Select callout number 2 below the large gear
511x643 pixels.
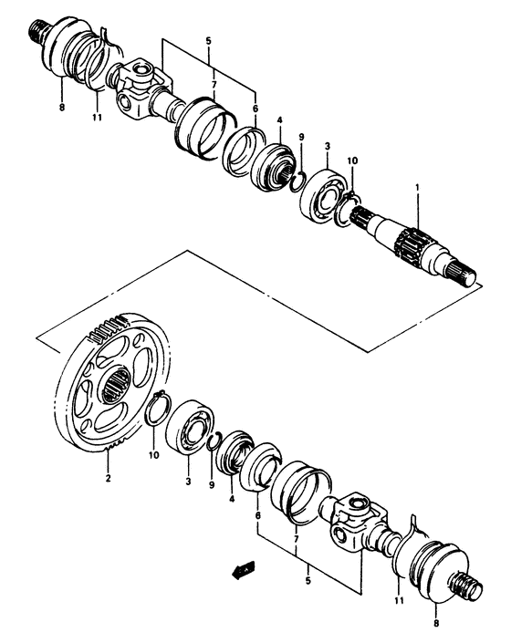[108, 477]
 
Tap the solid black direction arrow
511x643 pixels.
[241, 573]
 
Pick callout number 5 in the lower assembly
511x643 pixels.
[308, 579]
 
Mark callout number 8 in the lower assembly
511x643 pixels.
[436, 624]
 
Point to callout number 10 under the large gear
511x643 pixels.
[154, 453]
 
